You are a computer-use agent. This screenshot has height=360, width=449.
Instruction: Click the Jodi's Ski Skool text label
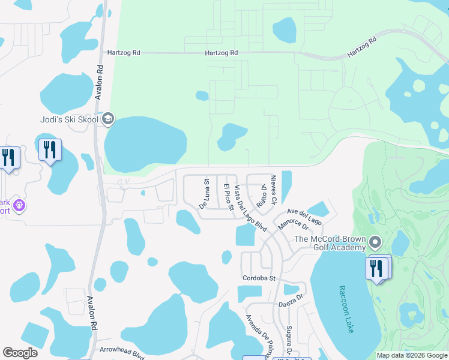69,119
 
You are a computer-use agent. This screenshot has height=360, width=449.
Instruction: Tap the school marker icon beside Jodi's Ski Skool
108,119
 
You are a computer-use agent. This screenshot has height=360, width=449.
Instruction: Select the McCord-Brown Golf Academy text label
330,243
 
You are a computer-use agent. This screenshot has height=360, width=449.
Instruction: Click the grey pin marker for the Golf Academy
376,243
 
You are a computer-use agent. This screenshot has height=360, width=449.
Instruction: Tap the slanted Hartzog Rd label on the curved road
362,47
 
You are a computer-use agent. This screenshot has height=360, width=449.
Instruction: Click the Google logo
20,353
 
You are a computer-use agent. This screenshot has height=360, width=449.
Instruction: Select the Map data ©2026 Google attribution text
411,355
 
